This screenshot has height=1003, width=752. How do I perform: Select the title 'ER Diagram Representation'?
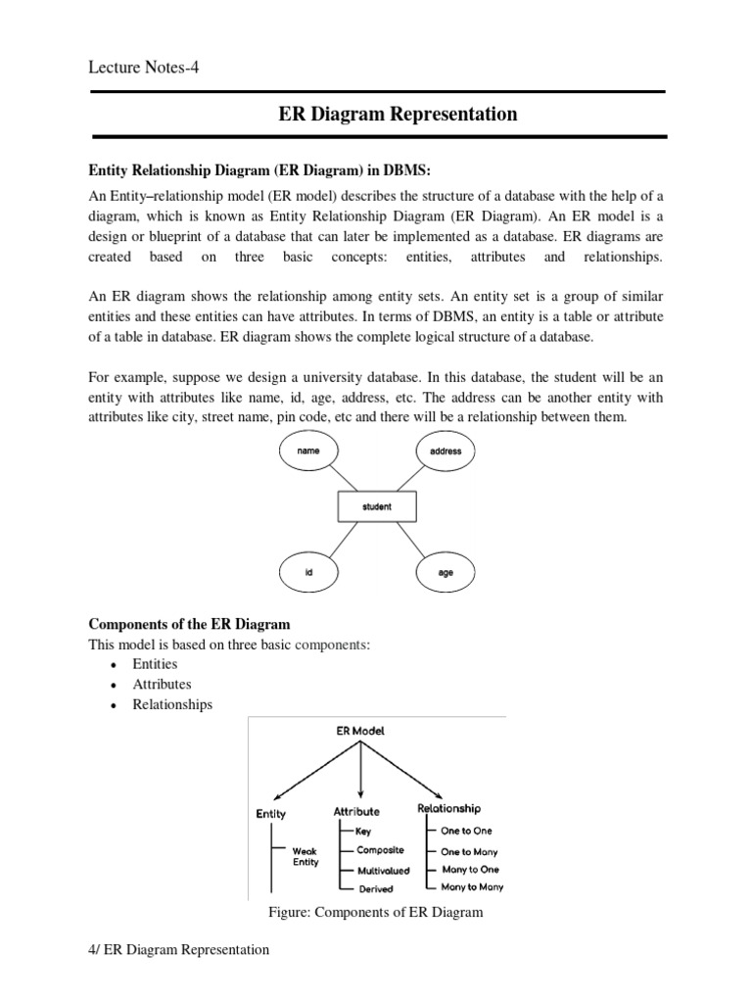pos(398,115)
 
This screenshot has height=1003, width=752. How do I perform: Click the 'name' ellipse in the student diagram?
pos(308,451)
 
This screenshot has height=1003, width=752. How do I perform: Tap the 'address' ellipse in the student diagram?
pos(446,452)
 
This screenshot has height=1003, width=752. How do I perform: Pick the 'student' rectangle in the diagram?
pos(377,506)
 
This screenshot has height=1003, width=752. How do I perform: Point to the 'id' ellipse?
pos(308,572)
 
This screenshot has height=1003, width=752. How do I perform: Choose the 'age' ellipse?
pos(446,572)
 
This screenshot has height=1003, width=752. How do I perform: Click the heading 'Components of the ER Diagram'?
pos(189,624)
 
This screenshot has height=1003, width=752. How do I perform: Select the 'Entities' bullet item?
pos(155,664)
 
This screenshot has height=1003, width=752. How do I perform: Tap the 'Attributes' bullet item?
pos(162,685)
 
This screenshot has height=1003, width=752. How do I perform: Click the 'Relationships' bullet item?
pos(172,704)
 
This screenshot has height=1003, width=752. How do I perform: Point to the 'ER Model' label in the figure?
pos(362,731)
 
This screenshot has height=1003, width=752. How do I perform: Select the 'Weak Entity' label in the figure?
pos(305,856)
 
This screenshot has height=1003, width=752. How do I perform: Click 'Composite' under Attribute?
pos(381,850)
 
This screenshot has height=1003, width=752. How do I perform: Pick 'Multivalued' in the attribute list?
pos(384,870)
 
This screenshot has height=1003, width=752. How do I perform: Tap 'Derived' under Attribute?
pos(375,888)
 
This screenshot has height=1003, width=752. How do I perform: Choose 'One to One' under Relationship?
pos(467,831)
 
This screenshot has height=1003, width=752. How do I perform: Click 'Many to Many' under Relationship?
pos(472,886)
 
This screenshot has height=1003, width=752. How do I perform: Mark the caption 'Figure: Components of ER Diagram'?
pos(376,913)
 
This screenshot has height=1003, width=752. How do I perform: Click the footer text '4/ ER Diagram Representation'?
pos(179,950)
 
